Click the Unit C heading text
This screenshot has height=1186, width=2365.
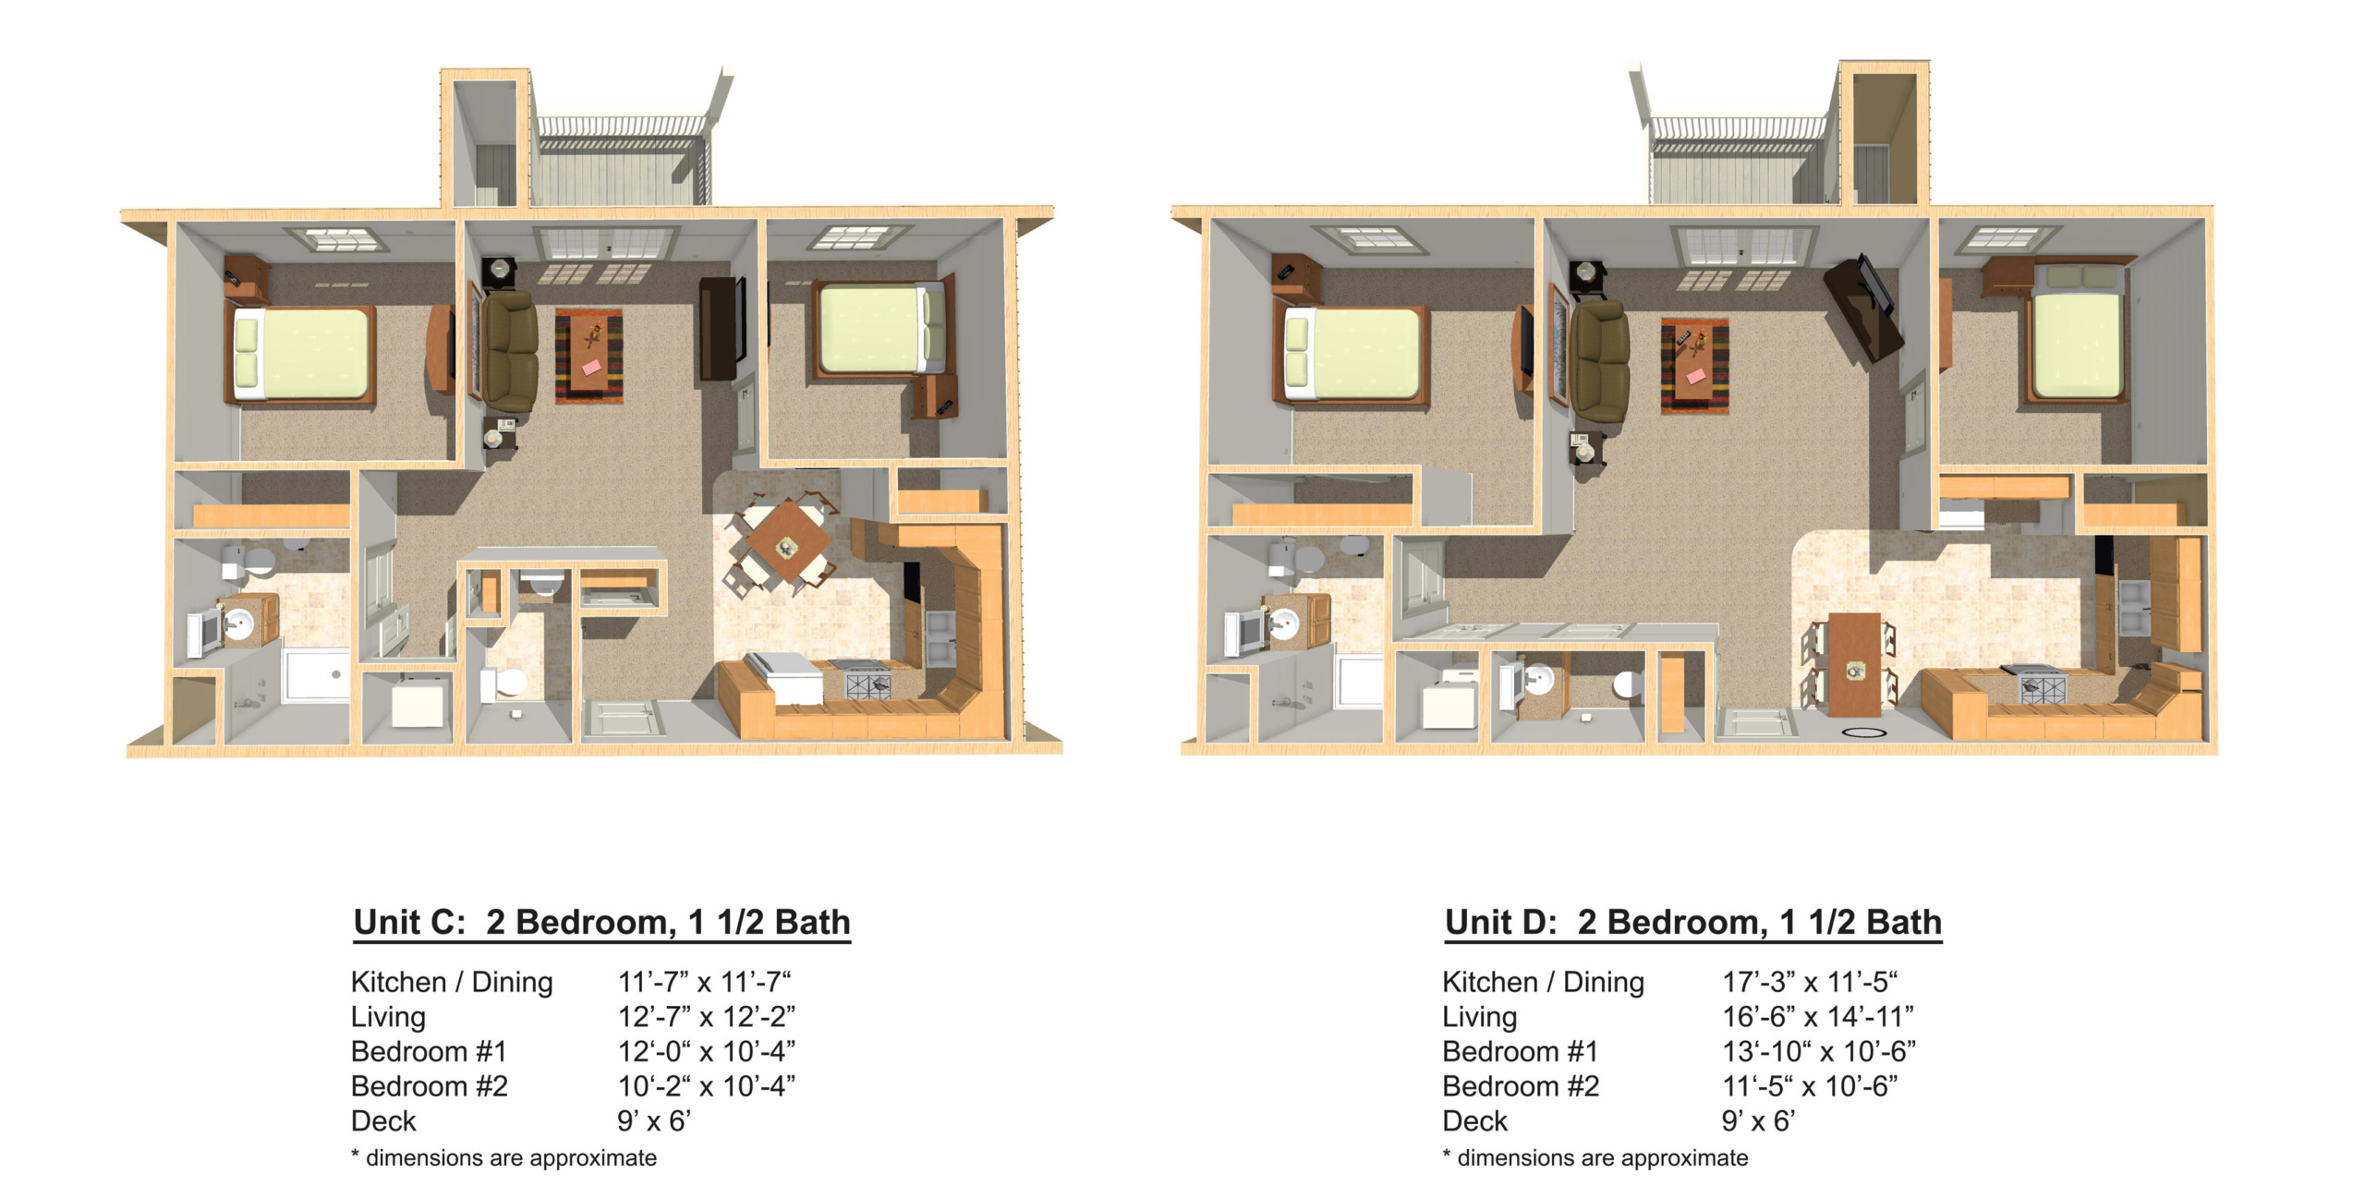tap(601, 923)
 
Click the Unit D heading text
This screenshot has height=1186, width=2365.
tap(1693, 923)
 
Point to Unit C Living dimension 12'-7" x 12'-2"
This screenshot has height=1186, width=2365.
tap(707, 1017)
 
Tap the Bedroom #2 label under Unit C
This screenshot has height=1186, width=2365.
tap(430, 1086)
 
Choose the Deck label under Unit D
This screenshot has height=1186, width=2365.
tap(1474, 1121)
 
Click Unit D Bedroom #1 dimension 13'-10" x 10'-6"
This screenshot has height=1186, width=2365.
tap(1819, 1051)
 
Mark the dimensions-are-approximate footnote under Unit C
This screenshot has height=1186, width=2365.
tap(504, 1158)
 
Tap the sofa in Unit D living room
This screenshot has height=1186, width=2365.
tap(1599, 361)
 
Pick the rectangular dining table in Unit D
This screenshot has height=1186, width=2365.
tap(1854, 664)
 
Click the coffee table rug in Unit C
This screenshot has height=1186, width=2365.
tap(588, 357)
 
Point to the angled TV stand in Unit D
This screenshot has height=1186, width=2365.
tap(1863, 309)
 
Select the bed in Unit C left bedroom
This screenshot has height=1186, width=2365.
tap(301, 355)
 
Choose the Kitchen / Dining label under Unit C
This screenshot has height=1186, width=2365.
tap(452, 982)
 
